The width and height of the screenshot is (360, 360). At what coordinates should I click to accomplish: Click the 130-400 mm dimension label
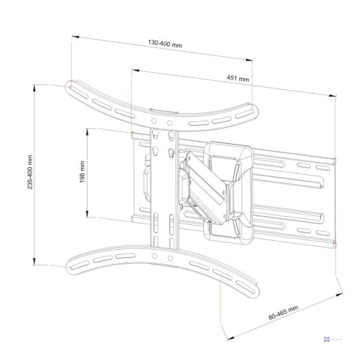click(x=165, y=46)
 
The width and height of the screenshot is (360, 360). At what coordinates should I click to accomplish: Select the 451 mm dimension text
click(x=238, y=78)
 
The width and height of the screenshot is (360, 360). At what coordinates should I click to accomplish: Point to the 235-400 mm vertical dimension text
click(x=29, y=175)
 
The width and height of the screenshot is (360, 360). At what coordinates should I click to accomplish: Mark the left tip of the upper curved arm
click(x=69, y=85)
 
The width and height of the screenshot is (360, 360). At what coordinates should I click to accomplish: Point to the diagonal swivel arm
click(x=201, y=183)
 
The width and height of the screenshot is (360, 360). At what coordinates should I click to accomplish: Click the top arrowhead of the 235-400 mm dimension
click(x=35, y=87)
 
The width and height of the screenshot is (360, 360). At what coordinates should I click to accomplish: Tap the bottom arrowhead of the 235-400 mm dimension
click(x=35, y=263)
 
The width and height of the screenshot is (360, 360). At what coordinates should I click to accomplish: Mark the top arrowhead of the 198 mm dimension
click(x=88, y=130)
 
